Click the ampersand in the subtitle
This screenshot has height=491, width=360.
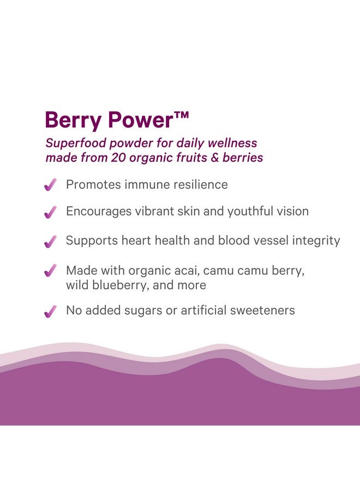215,158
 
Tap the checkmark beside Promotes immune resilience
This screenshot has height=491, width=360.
50,185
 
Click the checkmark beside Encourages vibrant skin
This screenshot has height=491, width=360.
50,212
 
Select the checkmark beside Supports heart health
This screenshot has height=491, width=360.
50,241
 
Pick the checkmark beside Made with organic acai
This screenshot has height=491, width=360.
50,271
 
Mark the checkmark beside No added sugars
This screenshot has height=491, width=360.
50,312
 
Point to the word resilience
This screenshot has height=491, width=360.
200,185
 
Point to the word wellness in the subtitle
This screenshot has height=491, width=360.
233,143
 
